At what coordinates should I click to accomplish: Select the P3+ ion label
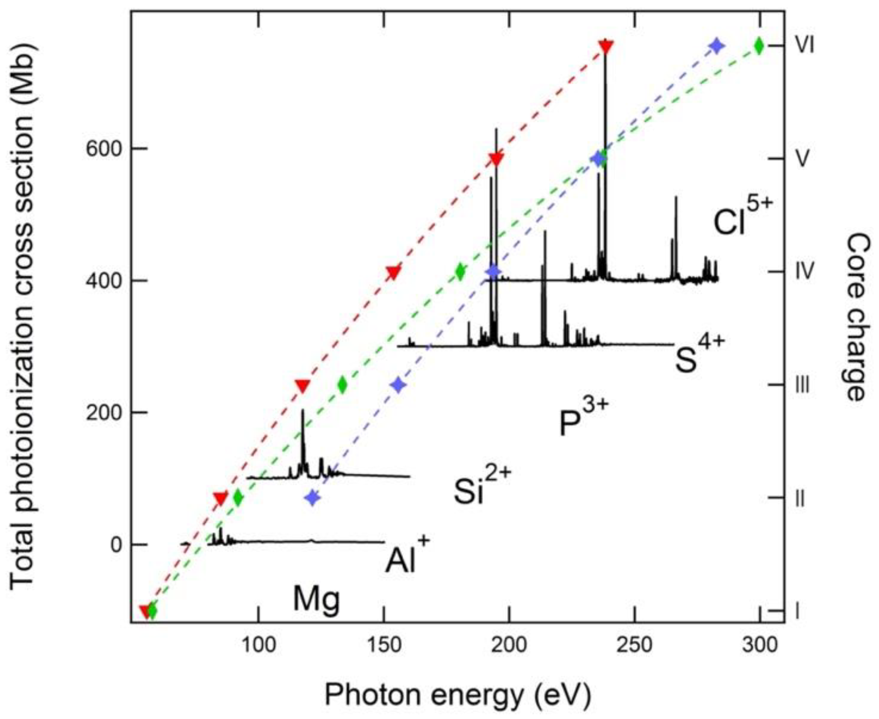point(583,418)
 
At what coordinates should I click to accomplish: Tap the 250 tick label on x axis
point(634,645)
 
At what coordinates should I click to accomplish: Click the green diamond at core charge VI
point(759,46)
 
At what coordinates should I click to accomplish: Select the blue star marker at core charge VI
point(717,46)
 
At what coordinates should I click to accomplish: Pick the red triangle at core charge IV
point(393,272)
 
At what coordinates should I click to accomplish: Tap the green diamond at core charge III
point(342,385)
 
